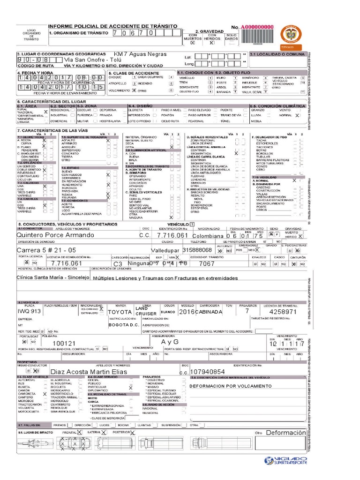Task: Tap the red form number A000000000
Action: click(x=257, y=28)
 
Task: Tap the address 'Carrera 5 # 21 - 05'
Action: click(x=46, y=250)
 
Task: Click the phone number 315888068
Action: click(x=197, y=250)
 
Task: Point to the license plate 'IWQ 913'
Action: click(x=30, y=311)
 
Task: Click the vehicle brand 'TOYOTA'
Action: click(x=120, y=312)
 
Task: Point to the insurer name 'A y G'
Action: click(x=170, y=342)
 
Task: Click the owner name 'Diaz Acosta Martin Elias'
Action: click(x=85, y=371)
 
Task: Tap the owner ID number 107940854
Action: click(x=211, y=371)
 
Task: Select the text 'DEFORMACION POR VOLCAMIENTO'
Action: click(x=231, y=386)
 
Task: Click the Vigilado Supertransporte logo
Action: click(x=285, y=460)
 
